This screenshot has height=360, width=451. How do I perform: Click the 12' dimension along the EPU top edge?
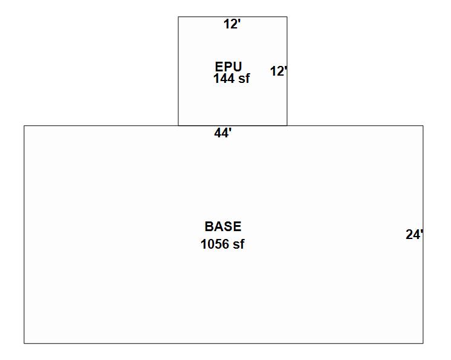(x=232, y=24)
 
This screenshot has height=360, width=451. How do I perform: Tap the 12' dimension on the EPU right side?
(x=278, y=71)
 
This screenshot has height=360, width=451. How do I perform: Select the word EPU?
(x=228, y=67)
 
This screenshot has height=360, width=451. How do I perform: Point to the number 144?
(x=223, y=79)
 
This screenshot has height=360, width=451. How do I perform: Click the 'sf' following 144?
(x=243, y=79)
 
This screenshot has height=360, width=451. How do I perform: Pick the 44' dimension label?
(x=223, y=133)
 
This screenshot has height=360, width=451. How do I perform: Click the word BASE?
(x=222, y=227)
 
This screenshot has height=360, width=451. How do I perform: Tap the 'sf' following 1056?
(x=238, y=244)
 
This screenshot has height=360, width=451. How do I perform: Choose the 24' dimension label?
(x=414, y=235)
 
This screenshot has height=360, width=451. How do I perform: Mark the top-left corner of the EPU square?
(x=178, y=17)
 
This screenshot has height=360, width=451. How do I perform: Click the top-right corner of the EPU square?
(x=287, y=17)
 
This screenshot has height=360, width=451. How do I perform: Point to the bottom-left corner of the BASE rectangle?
(x=24, y=343)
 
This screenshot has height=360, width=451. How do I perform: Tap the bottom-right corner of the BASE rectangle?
(x=423, y=343)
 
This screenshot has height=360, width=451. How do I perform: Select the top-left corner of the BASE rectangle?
(x=24, y=126)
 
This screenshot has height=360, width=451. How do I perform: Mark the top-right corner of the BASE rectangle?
(x=423, y=126)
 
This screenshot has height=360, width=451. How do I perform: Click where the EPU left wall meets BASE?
(x=178, y=126)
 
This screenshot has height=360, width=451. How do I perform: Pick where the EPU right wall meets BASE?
(x=287, y=126)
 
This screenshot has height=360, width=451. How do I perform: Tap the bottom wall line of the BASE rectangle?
(x=224, y=343)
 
